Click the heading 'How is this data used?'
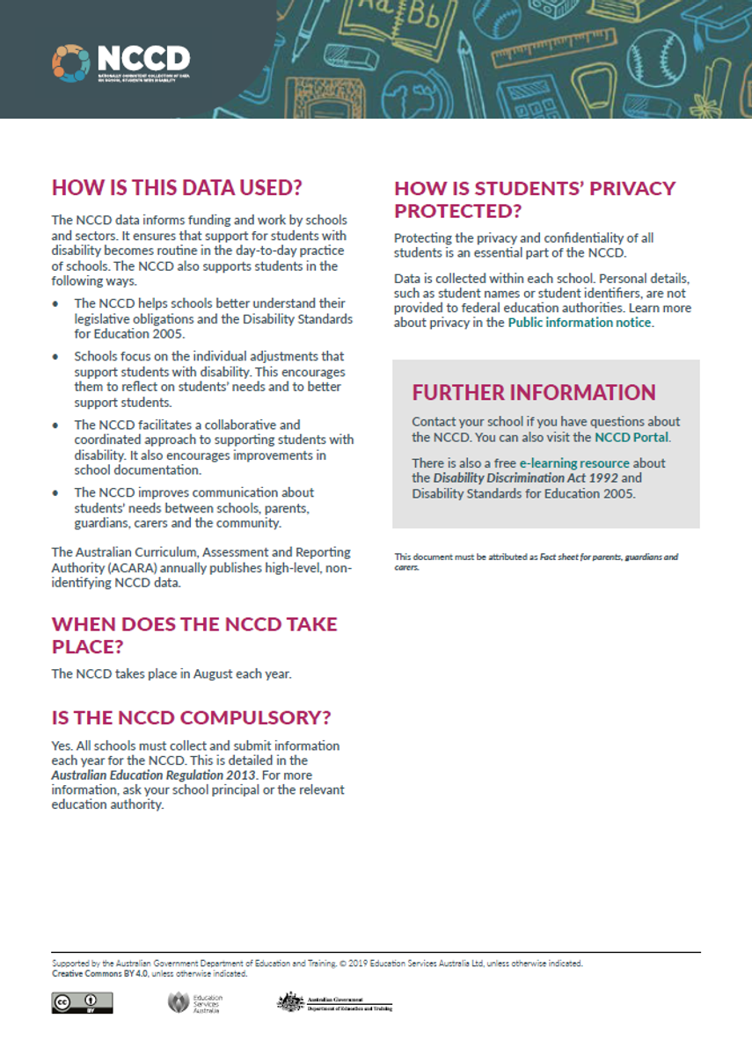[177, 187]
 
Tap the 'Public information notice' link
[580, 323]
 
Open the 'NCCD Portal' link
[632, 437]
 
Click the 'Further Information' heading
[534, 392]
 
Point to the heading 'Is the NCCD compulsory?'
[191, 717]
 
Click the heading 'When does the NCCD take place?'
[194, 636]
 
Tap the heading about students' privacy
[535, 200]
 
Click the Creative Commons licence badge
[82, 1002]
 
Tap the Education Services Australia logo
[195, 1002]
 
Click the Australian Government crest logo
[333, 1002]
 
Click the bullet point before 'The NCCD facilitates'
[56, 426]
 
